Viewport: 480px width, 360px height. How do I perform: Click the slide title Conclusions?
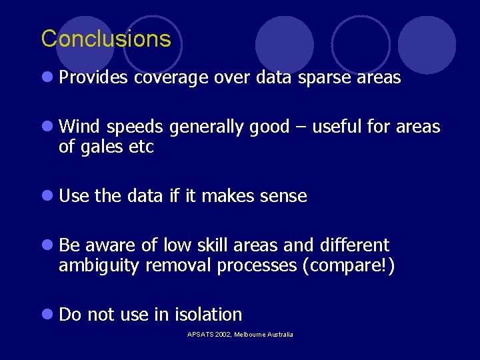(x=106, y=39)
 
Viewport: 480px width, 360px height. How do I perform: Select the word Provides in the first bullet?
(x=93, y=78)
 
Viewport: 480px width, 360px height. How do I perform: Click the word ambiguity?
(x=100, y=265)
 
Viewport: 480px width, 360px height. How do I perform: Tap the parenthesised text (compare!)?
(x=349, y=265)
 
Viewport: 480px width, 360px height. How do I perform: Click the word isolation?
(x=209, y=314)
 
